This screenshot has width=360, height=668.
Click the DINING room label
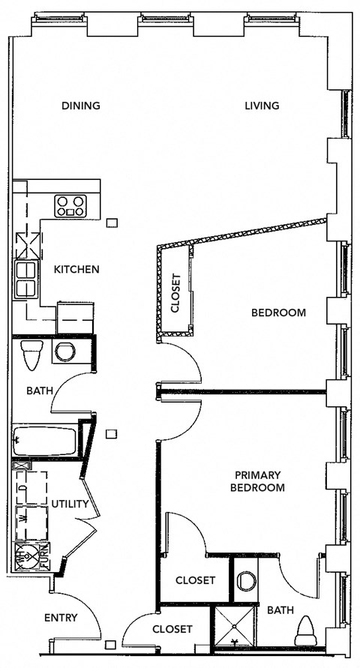80,106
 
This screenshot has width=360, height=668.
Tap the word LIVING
262,106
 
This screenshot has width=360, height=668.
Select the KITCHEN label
76,269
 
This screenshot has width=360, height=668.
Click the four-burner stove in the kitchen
70,205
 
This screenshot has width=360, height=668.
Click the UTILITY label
70,504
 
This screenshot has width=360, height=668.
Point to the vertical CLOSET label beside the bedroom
176,293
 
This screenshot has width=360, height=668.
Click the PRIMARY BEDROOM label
259,481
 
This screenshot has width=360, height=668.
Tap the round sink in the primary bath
246,580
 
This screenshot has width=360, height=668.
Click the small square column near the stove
112,222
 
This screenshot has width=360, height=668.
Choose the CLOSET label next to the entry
172,629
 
